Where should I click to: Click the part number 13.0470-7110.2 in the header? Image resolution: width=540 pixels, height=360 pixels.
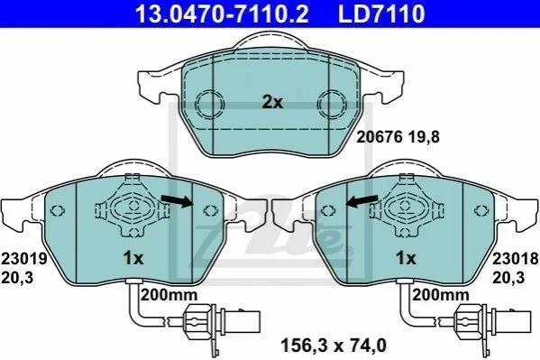point(222,14)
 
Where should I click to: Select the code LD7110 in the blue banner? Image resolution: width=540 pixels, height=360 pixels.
point(381,14)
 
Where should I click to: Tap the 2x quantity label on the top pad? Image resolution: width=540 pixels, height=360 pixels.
point(272,102)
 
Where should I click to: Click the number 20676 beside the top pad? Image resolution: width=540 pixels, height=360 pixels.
point(380,137)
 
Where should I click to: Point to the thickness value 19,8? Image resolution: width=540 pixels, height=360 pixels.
point(424,137)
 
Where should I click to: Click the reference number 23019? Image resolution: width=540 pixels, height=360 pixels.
point(23,258)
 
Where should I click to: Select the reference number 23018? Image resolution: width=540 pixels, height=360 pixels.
point(515,258)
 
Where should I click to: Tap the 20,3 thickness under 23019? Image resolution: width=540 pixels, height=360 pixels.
point(17,278)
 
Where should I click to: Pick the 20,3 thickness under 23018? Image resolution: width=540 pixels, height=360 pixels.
point(508,278)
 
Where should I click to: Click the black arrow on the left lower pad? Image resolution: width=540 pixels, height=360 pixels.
point(177,200)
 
